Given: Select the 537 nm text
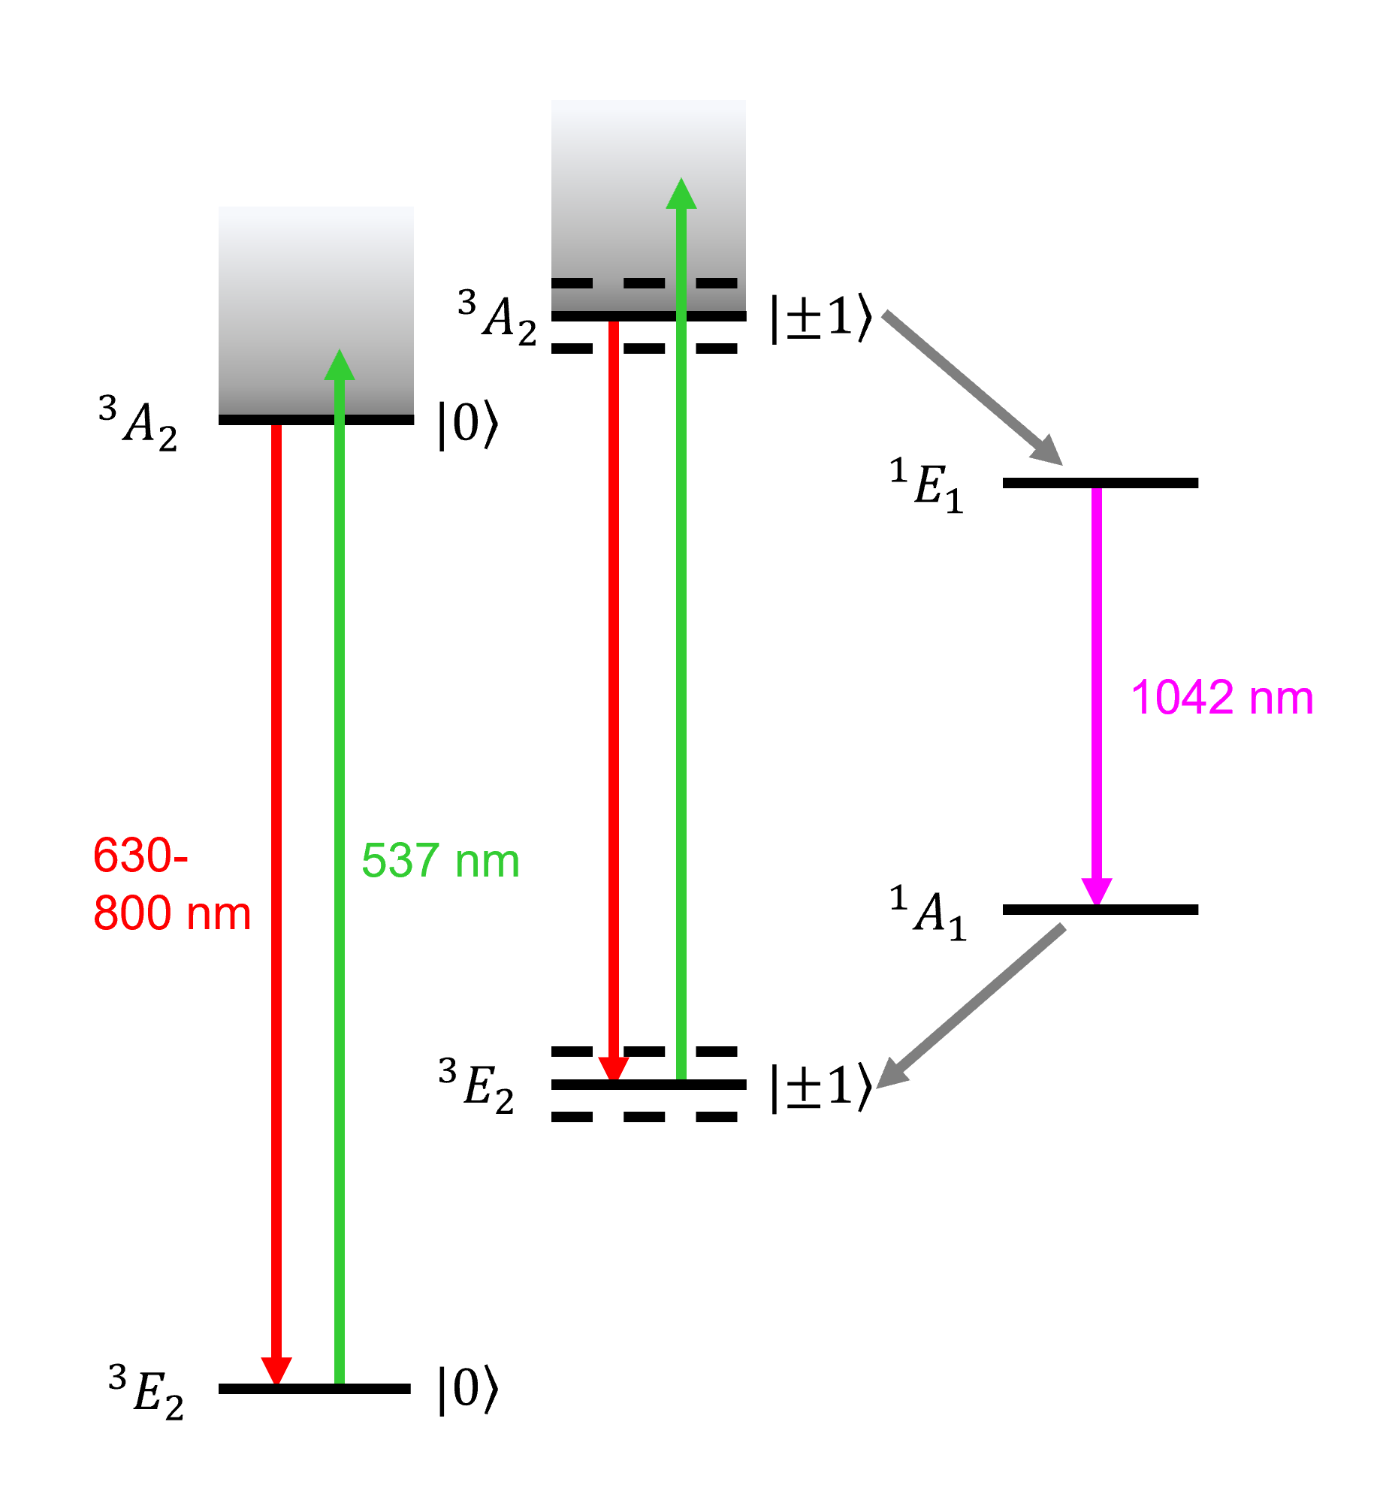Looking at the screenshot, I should (440, 861).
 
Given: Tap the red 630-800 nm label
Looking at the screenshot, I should (171, 884).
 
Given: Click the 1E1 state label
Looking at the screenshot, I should (926, 486).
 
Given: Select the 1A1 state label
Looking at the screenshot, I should (927, 913).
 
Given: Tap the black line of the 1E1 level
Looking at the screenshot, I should (1099, 483).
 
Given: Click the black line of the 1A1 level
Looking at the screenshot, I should (1099, 910).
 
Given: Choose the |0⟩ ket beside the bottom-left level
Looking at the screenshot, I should (468, 1389).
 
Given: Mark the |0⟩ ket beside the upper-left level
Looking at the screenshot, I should (468, 424).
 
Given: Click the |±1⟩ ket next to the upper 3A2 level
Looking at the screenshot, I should (820, 318).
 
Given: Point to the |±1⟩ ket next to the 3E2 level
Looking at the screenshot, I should (820, 1088).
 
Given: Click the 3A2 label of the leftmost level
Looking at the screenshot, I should (138, 424).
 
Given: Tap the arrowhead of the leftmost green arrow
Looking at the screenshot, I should (340, 365).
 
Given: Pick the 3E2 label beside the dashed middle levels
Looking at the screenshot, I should (476, 1087).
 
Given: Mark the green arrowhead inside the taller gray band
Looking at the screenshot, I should (681, 194).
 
